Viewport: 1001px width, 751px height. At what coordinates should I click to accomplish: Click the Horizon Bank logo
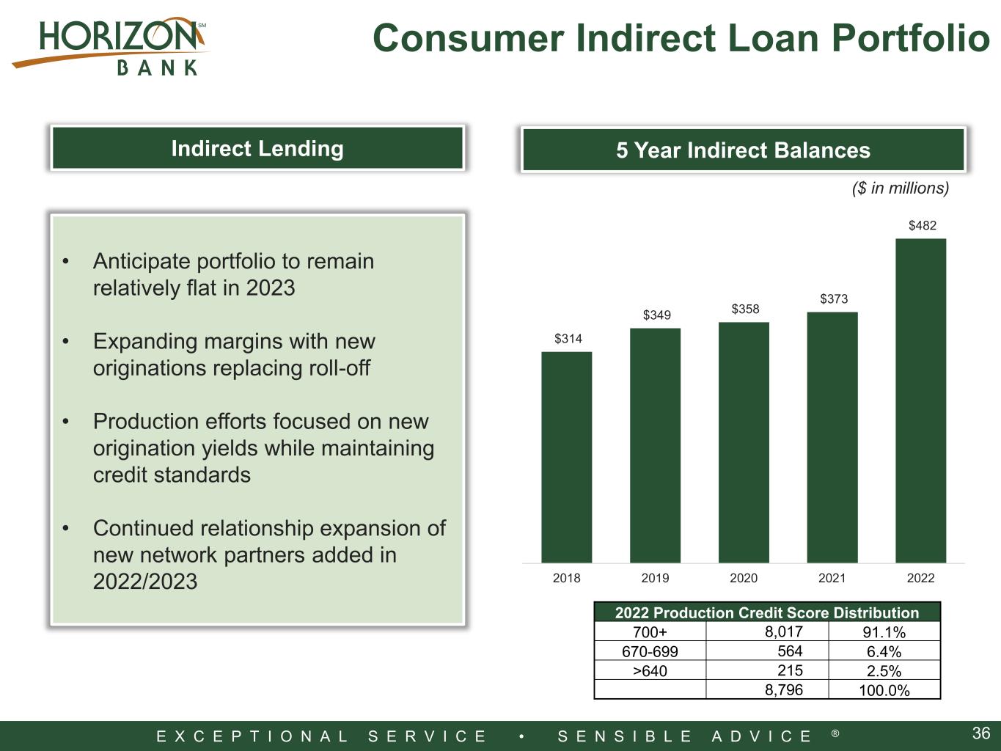click(x=110, y=46)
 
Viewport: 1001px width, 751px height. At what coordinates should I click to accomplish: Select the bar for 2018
click(x=566, y=458)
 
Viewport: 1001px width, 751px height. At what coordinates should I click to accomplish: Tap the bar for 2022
click(x=921, y=401)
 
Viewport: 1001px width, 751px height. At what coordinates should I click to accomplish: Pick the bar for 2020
click(x=744, y=443)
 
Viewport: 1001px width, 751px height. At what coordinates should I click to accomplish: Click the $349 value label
click(x=656, y=315)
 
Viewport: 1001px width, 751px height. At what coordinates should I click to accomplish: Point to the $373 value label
click(x=834, y=299)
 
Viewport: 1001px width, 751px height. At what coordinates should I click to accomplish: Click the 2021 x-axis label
click(x=832, y=578)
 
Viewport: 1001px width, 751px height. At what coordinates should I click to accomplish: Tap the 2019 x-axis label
click(x=655, y=578)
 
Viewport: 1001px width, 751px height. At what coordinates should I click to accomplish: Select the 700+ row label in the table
click(x=650, y=632)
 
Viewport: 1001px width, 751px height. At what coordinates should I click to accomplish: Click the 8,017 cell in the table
click(x=783, y=631)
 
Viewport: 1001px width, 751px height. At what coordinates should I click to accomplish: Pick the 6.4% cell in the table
click(x=884, y=651)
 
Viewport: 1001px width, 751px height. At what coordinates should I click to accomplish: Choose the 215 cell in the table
click(x=790, y=670)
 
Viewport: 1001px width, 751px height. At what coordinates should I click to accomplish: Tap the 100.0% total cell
click(x=884, y=690)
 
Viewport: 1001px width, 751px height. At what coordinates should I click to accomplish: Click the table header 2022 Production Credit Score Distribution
click(x=767, y=612)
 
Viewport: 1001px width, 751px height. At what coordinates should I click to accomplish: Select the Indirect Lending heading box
click(x=257, y=148)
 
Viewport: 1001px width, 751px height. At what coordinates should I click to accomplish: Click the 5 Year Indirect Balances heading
click(x=744, y=150)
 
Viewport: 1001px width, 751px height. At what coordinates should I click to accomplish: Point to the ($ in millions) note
click(x=901, y=188)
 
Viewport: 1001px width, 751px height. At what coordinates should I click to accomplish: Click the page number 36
click(x=981, y=733)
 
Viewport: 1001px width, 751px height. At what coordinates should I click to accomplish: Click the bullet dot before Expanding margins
click(x=66, y=341)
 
